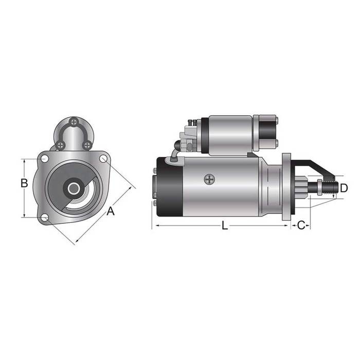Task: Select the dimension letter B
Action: point(24,183)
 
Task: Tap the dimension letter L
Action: point(224,225)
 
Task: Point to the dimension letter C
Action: point(301,225)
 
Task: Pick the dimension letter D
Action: point(344,187)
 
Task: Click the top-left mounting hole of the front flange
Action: point(45,159)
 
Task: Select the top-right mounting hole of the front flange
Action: point(103,159)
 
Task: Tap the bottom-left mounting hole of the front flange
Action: point(45,218)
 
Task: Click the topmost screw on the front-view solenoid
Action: point(75,122)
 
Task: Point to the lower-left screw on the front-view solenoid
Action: point(61,145)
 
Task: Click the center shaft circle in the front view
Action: point(74,188)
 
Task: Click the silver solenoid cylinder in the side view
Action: point(230,135)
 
